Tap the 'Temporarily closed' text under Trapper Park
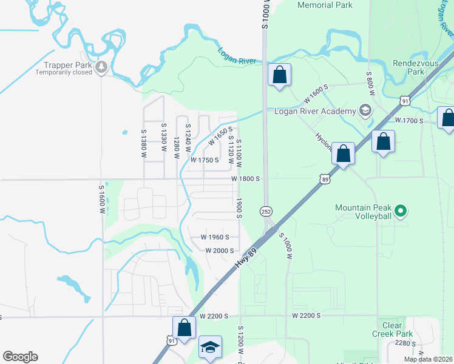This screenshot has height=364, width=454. (x=64, y=72)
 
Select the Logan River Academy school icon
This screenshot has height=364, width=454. (x=365, y=110)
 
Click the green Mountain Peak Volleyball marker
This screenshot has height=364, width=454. (x=400, y=211)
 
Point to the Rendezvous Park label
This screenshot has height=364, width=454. (x=407, y=67)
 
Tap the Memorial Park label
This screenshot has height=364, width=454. (x=325, y=5)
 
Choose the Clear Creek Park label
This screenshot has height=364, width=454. (x=392, y=330)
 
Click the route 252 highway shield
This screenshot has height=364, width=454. (x=266, y=211)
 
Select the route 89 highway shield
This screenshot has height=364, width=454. (x=324, y=179)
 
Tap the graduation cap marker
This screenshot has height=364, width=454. (x=210, y=347)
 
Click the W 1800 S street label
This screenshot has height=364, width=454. (x=245, y=179)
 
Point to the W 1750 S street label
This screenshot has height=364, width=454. (x=204, y=160)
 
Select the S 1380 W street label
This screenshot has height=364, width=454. (x=144, y=144)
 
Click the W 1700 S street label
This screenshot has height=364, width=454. (x=409, y=121)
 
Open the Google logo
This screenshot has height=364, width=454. (x=20, y=357)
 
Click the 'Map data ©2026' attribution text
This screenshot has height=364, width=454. (x=429, y=359)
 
